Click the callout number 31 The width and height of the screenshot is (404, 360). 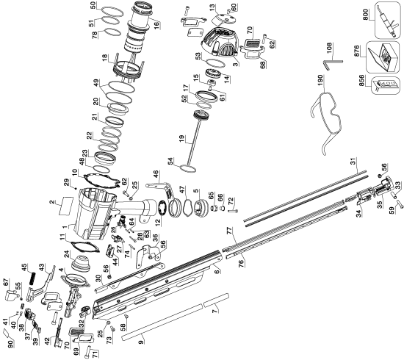coord(352,165)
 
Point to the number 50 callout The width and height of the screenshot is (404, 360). coord(103,5)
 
